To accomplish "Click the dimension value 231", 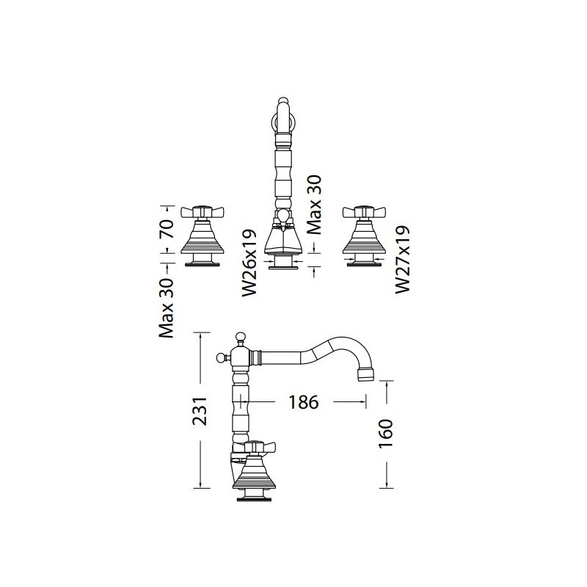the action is pyautogui.click(x=200, y=411).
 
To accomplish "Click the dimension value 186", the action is pyautogui.click(x=304, y=402).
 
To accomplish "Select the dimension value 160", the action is pyautogui.click(x=386, y=434).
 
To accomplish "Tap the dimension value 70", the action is pyautogui.click(x=167, y=229).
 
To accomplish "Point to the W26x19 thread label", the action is pyautogui.click(x=249, y=263).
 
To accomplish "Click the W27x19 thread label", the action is pyautogui.click(x=403, y=260).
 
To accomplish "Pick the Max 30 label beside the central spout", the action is pyautogui.click(x=314, y=205).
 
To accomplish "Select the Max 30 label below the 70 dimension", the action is pyautogui.click(x=167, y=308).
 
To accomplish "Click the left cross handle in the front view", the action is pyautogui.click(x=203, y=212).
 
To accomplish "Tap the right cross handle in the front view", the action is pyautogui.click(x=364, y=212).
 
